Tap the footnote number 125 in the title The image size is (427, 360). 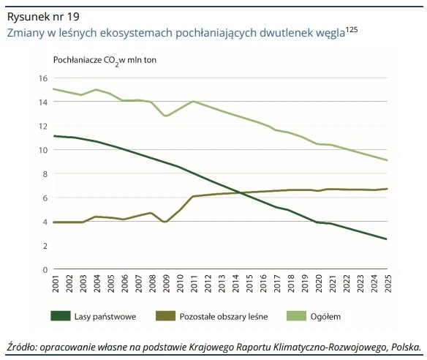pyautogui.click(x=351, y=29)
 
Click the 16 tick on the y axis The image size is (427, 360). pyautogui.click(x=42, y=78)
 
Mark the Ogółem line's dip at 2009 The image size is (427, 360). pyautogui.click(x=166, y=116)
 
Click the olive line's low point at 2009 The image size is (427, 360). pyautogui.click(x=166, y=222)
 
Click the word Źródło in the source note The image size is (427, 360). pyautogui.click(x=23, y=346)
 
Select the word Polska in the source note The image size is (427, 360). pyautogui.click(x=405, y=346)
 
